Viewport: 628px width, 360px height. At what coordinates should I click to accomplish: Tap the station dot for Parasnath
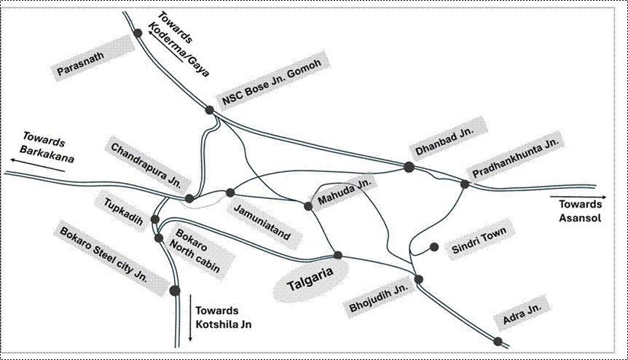[138, 33]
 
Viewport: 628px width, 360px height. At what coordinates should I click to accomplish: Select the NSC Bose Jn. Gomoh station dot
[210, 110]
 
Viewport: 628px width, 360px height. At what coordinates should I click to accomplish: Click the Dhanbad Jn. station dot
[409, 167]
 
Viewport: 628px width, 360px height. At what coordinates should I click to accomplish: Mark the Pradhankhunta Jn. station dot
[464, 184]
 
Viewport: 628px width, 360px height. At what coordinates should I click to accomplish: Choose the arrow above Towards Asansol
[576, 197]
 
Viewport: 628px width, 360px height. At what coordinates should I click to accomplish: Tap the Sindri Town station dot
[433, 247]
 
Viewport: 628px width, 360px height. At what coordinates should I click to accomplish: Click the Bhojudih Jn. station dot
[418, 279]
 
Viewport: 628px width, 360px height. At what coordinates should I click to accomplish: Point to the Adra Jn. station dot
[498, 341]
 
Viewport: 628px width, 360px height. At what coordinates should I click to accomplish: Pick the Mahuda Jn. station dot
[308, 206]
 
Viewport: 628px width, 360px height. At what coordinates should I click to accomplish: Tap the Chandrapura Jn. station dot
[189, 198]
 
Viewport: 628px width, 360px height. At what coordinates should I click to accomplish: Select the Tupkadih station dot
[154, 219]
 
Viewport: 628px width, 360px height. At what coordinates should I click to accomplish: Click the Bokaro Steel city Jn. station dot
[174, 291]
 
